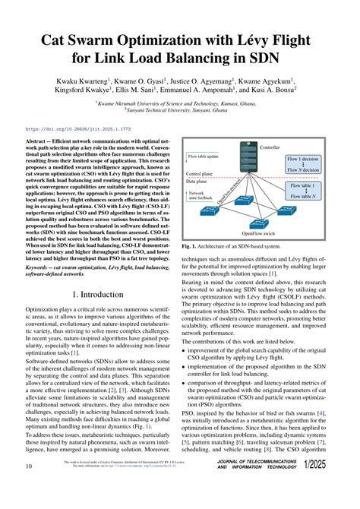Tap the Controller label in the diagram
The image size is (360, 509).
coord(270,146)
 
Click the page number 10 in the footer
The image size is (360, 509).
coord(29,486)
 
